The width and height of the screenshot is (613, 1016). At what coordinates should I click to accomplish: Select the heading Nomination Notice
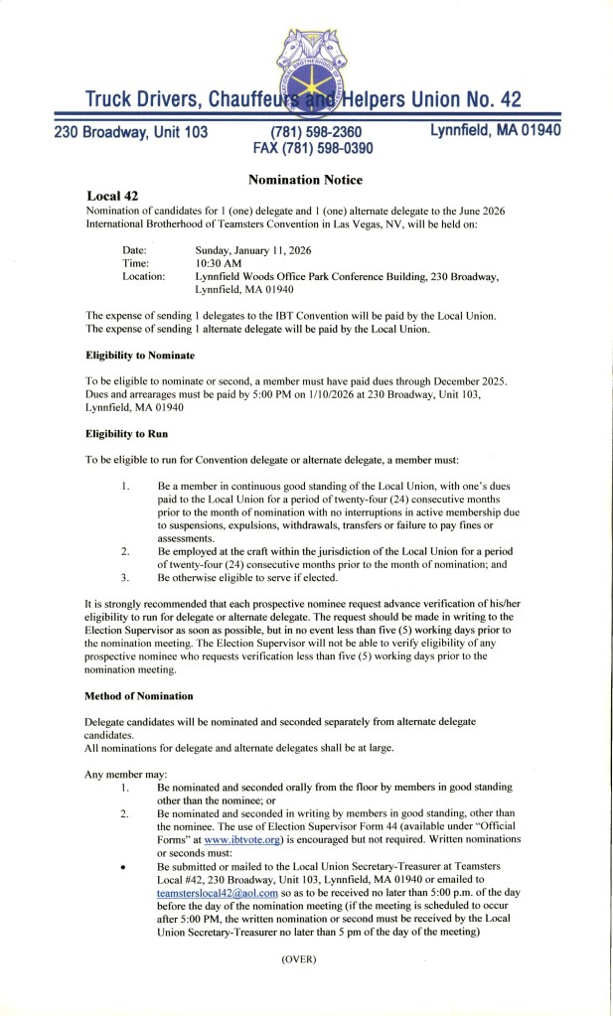306,180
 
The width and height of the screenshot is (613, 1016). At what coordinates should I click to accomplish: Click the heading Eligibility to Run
125,435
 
